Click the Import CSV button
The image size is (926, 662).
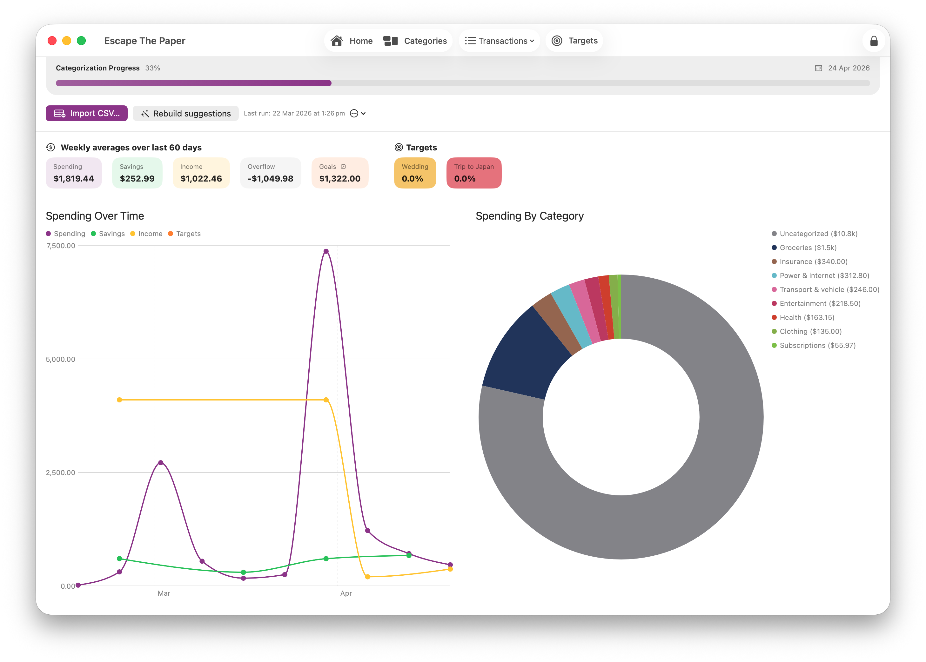click(86, 113)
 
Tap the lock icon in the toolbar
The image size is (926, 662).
click(873, 41)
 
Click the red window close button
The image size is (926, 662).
click(52, 41)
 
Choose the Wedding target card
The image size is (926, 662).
click(415, 173)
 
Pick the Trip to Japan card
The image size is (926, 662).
click(473, 173)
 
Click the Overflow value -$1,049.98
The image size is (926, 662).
click(271, 179)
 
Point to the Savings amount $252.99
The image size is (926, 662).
click(137, 179)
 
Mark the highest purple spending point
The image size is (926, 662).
click(326, 252)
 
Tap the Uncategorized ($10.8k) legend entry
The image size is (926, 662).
click(818, 234)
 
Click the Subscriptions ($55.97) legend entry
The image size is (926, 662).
click(817, 345)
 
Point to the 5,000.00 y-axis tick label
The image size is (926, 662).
click(60, 359)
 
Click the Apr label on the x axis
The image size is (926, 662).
click(346, 593)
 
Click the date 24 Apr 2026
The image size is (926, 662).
click(849, 68)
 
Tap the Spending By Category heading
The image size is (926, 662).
click(529, 216)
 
